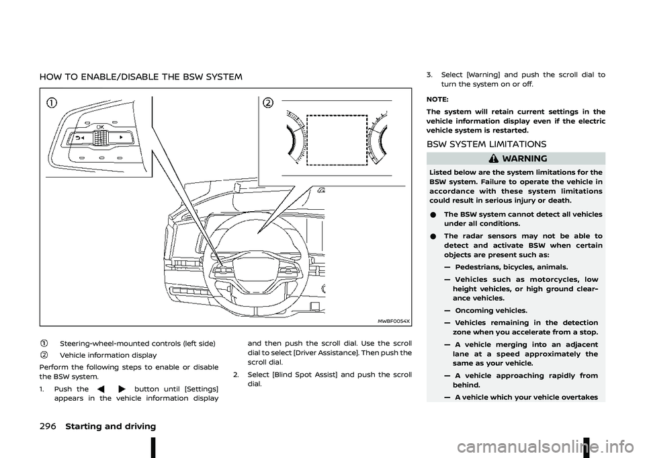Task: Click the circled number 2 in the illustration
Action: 268,103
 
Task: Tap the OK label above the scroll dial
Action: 99,126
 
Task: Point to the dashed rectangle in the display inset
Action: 337,144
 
